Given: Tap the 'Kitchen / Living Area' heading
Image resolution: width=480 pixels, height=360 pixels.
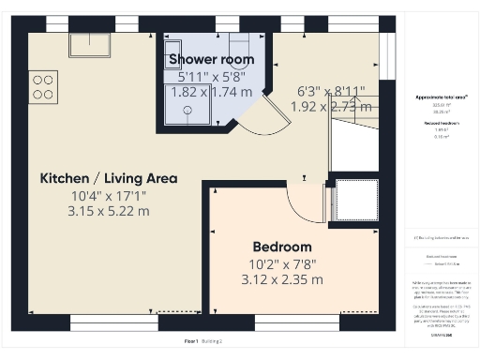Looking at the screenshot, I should pos(108,178).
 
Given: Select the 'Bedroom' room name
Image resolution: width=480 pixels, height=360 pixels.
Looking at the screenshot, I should pos(281,247).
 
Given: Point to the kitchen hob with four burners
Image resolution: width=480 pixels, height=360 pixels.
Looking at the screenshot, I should pos(43,86).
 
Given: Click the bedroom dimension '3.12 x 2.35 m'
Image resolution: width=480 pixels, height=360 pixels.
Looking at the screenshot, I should pos(281,279).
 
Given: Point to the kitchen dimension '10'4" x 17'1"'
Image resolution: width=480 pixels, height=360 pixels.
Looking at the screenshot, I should pos(108,195).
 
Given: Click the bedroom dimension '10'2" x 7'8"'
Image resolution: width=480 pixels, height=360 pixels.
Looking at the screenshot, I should pos(281,263).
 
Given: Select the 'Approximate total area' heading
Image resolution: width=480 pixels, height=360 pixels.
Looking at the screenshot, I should pos(441,97).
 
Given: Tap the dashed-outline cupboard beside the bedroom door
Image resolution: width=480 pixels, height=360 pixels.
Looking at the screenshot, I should pos(356,198).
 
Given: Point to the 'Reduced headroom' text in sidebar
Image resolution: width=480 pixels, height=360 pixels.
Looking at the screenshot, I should pos(441,122).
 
